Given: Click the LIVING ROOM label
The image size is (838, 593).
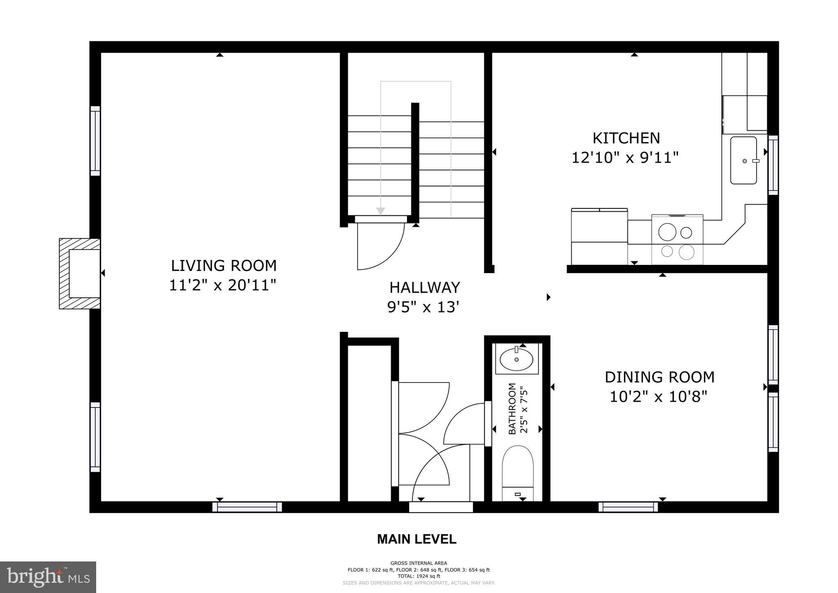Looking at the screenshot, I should pyautogui.click(x=223, y=266).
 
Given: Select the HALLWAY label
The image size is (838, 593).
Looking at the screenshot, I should pyautogui.click(x=424, y=287).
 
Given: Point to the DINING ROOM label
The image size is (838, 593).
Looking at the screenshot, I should pyautogui.click(x=659, y=377).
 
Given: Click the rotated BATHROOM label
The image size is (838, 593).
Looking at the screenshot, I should pyautogui.click(x=512, y=409).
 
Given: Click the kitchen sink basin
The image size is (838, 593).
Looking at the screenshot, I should pyautogui.click(x=743, y=161).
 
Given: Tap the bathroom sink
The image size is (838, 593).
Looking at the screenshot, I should pyautogui.click(x=516, y=360).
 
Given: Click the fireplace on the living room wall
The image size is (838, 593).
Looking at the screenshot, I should pyautogui.click(x=80, y=274).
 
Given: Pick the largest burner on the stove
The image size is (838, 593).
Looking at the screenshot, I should pyautogui.click(x=667, y=232).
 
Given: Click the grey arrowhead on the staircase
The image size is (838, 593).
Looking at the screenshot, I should pyautogui.click(x=381, y=211).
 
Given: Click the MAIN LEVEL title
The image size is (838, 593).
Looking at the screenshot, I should pyautogui.click(x=416, y=539).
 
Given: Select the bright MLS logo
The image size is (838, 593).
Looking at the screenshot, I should pyautogui.click(x=48, y=577).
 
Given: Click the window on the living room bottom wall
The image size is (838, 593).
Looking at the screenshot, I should pyautogui.click(x=247, y=507).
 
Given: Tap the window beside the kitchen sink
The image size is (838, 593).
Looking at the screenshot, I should pyautogui.click(x=773, y=165).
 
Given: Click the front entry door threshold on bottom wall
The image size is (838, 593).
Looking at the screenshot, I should pyautogui.click(x=441, y=507).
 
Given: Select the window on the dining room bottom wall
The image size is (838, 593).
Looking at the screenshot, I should pyautogui.click(x=628, y=507).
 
